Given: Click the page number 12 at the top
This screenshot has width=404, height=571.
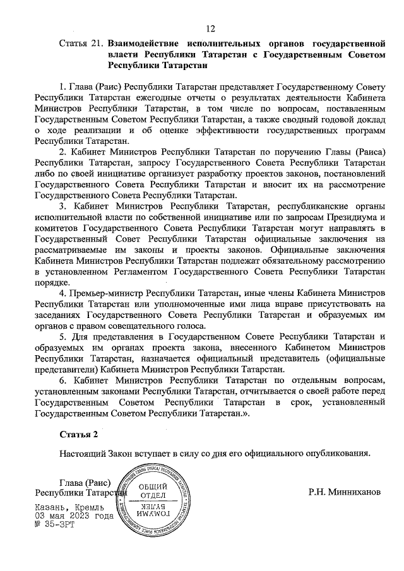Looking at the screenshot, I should click(210, 28).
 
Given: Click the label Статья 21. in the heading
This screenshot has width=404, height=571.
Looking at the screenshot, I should click(81, 44).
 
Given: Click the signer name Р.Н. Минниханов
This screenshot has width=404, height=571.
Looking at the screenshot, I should click(345, 492).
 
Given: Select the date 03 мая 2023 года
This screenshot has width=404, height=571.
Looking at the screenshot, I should click(74, 516).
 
